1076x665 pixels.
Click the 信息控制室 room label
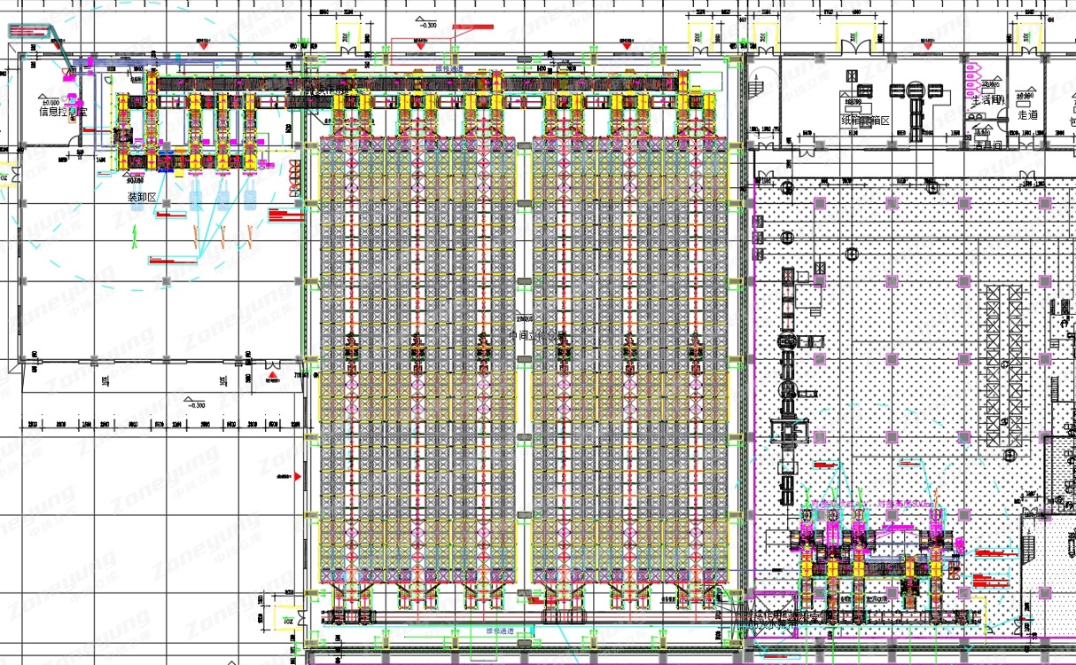point(63,112)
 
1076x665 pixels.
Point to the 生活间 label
point(986,100)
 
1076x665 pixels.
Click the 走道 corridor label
point(1027,114)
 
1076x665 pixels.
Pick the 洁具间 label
point(989,145)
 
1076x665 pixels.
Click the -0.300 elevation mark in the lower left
point(194,404)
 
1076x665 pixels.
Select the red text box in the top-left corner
point(32,31)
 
